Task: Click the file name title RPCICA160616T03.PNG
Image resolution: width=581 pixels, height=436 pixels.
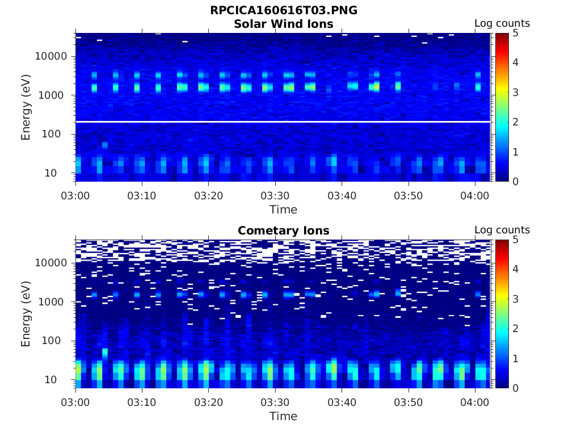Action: (283, 10)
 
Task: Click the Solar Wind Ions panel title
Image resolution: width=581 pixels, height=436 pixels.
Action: (283, 24)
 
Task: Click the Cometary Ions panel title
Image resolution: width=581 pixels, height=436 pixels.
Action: (283, 230)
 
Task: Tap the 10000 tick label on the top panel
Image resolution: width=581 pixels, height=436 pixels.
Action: (52, 56)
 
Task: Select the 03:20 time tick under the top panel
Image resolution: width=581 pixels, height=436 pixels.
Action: (208, 196)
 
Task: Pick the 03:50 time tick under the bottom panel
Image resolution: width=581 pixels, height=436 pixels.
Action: (408, 403)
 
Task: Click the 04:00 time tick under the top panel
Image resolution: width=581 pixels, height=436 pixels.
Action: (474, 196)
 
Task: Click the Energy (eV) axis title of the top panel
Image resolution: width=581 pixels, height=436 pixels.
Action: (26, 107)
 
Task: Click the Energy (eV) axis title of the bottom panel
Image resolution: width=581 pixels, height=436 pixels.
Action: (26, 314)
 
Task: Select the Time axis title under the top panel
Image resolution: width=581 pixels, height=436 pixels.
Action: (283, 209)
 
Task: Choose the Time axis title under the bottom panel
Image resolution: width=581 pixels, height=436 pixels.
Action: (283, 416)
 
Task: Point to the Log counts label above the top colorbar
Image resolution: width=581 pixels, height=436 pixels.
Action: (502, 24)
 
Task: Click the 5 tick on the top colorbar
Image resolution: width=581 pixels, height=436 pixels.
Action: (515, 33)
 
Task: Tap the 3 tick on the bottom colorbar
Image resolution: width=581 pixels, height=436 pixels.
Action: (515, 299)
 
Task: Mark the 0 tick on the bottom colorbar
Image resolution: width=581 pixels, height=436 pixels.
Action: (515, 388)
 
